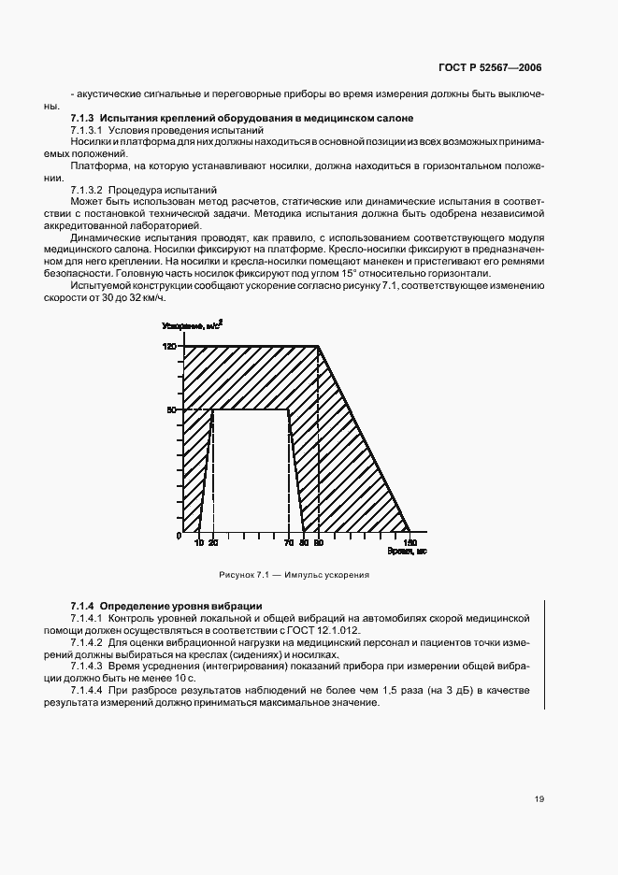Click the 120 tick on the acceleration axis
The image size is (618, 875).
pos(169,347)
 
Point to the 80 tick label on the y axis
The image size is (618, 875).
pos(171,409)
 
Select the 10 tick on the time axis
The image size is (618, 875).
pos(199,543)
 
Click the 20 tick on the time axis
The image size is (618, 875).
pos(212,543)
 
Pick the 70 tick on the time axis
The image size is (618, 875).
pos(289,543)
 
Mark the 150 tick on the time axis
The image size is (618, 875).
pos(409,543)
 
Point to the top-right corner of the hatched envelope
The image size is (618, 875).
pos(319,347)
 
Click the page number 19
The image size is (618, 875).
pos(539,799)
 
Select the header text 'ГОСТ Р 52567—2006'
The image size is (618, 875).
pos(492,68)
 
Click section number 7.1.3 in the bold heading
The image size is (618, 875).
pos(83,118)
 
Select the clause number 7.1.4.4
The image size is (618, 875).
pos(89,690)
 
